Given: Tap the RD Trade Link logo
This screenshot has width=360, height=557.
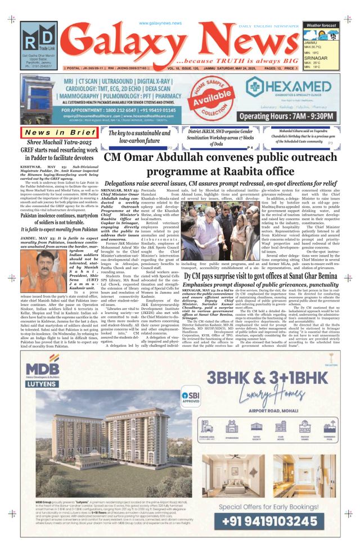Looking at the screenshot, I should (x=39, y=39).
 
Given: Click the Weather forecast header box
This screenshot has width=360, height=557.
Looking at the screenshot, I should (x=321, y=25).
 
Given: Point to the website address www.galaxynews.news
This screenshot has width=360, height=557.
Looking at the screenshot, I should (x=160, y=23).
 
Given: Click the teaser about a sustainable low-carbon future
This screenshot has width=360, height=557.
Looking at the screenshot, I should (x=143, y=137).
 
